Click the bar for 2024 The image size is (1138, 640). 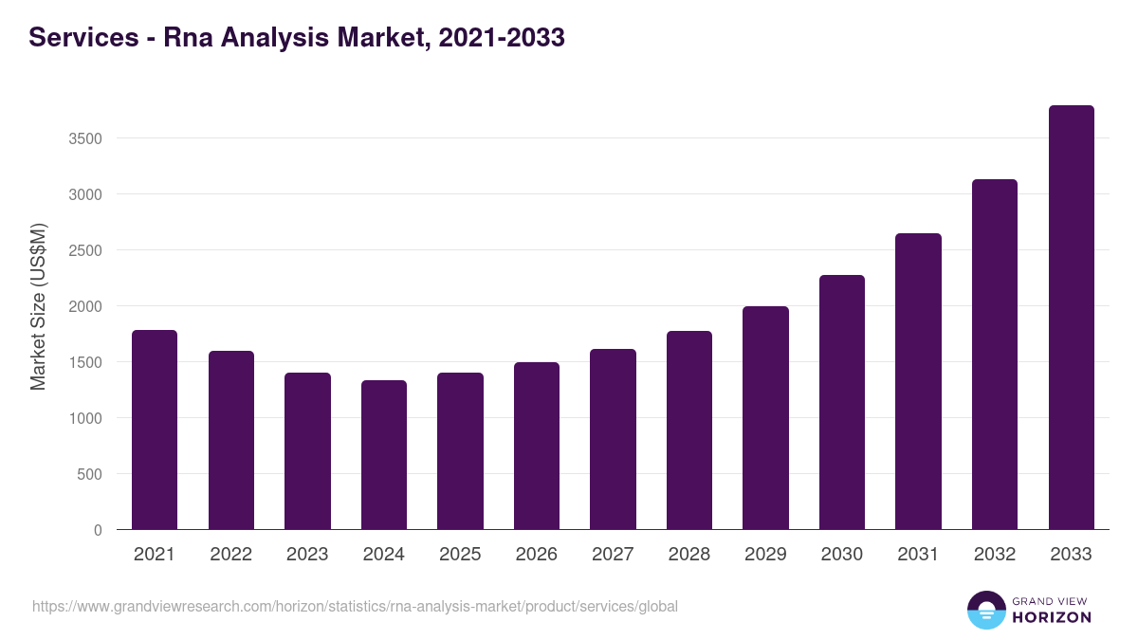pyautogui.click(x=384, y=455)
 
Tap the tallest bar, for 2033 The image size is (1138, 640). pyautogui.click(x=1072, y=318)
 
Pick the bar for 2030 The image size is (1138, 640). pyautogui.click(x=842, y=402)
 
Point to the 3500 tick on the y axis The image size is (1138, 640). pyautogui.click(x=85, y=138)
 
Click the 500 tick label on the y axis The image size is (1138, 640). pyautogui.click(x=89, y=474)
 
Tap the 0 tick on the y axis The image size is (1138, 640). pyautogui.click(x=98, y=530)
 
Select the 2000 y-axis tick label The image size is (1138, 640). pyautogui.click(x=85, y=306)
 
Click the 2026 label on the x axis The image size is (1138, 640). pyautogui.click(x=537, y=555)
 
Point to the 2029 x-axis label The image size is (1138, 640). pyautogui.click(x=765, y=555)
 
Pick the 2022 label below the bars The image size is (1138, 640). pyautogui.click(x=231, y=555)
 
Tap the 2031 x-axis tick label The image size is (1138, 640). pyautogui.click(x=918, y=555)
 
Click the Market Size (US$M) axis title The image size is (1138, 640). pyautogui.click(x=38, y=306)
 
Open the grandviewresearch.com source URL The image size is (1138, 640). pyautogui.click(x=355, y=606)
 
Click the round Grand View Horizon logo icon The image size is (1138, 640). pyautogui.click(x=985, y=610)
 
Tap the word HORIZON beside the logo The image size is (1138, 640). pyautogui.click(x=1052, y=617)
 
